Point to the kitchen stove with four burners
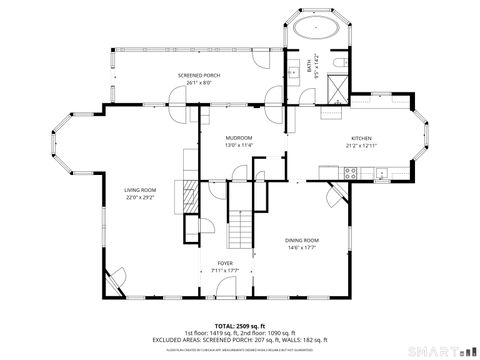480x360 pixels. click(x=351, y=172)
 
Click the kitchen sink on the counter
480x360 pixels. click(x=382, y=172)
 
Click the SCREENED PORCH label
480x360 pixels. click(x=198, y=75)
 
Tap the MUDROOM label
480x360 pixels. click(x=238, y=137)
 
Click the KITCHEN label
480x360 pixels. click(x=361, y=138)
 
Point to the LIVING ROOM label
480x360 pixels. click(x=140, y=190)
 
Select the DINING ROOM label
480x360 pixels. click(x=302, y=240)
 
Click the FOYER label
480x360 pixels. click(x=225, y=264)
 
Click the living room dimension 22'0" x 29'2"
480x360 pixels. click(x=140, y=197)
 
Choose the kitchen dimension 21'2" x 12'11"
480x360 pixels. click(x=361, y=145)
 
